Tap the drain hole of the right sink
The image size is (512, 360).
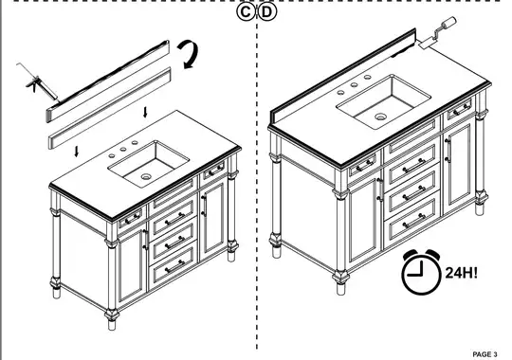coord(380,117)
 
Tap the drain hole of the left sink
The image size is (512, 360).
coord(147,175)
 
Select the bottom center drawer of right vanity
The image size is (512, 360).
coord(414,224)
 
